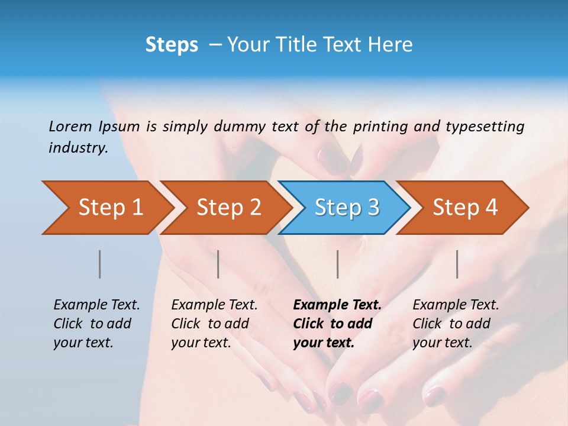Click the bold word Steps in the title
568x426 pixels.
click(172, 45)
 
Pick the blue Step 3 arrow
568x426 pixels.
click(347, 208)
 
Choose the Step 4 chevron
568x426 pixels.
click(465, 208)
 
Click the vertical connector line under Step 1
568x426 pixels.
click(100, 264)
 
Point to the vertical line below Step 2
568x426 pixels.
click(218, 264)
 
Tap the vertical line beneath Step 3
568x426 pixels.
click(338, 264)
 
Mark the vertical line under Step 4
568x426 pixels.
click(457, 264)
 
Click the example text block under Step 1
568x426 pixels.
click(96, 324)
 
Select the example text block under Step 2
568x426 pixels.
click(214, 324)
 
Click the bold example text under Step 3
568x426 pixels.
click(337, 324)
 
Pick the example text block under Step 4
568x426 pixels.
click(456, 324)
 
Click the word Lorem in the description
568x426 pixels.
click(70, 126)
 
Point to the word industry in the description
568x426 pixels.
click(78, 147)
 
